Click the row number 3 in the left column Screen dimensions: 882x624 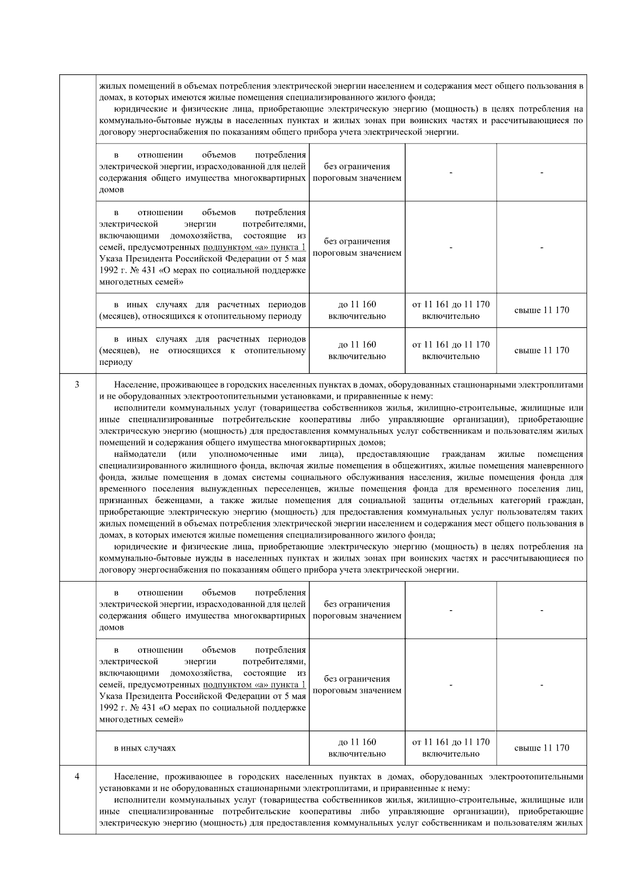77,385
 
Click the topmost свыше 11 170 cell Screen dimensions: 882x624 541,310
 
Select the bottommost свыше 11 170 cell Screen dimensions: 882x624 541,748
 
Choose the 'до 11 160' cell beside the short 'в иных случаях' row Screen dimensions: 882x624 357,747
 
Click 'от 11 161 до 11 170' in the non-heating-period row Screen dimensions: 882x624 450,350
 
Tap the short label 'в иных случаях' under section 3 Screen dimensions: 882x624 145,748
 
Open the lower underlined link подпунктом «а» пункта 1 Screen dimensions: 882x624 254,685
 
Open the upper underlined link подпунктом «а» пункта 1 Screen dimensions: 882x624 254,247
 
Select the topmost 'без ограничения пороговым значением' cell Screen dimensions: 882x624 357,173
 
